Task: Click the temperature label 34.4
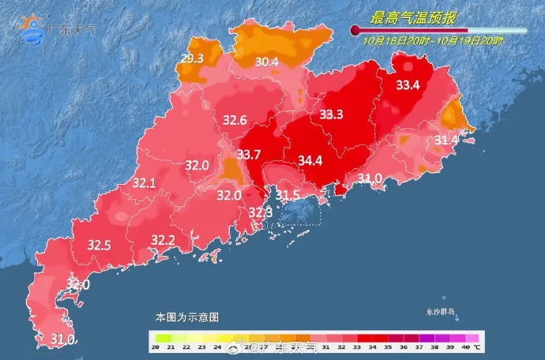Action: click(310, 161)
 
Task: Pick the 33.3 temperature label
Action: click(331, 115)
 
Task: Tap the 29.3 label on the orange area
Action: click(193, 58)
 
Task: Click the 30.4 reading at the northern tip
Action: click(265, 62)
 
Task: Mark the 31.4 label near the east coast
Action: click(446, 140)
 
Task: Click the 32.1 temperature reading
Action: click(144, 183)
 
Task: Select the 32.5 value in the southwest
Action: click(99, 246)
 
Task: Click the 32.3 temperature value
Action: click(260, 212)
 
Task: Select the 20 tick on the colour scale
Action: click(157, 348)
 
